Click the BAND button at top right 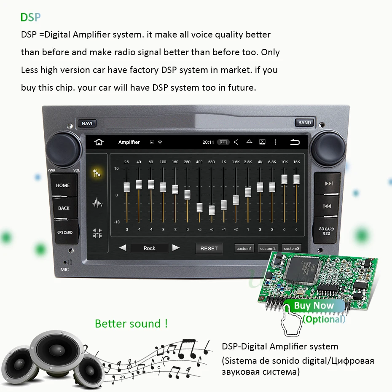point(304,123)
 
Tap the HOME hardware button point(63,185)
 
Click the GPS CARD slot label point(65,232)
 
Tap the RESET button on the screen point(209,248)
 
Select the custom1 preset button point(244,249)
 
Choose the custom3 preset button point(291,249)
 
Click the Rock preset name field point(149,248)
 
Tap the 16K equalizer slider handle point(296,179)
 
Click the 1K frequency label point(224,162)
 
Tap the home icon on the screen point(99,142)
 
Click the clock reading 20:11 point(208,142)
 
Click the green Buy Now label point(314,306)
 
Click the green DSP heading point(30,17)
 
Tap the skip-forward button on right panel point(329,184)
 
